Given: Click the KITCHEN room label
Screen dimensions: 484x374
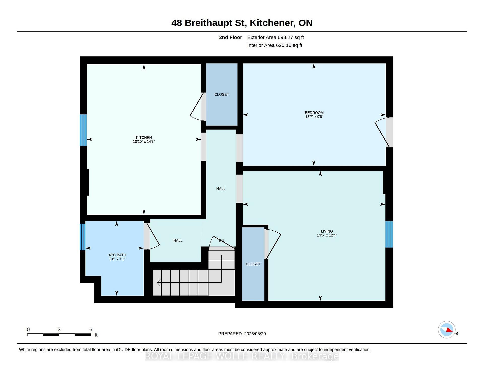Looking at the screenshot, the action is point(144,137).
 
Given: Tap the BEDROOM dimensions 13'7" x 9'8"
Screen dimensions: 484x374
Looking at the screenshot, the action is point(314,117).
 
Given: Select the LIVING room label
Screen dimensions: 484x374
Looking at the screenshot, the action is point(327,231).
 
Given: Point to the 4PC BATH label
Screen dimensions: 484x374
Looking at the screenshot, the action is point(117,255).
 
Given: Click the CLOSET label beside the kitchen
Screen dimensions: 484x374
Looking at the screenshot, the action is point(222,94).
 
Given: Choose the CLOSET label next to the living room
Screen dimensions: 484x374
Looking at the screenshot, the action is point(253,264).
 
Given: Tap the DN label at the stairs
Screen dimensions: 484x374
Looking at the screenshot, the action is point(221,241).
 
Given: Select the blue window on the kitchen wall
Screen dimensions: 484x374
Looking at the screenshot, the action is point(83,130).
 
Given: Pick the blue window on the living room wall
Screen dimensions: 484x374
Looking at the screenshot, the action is point(389,234).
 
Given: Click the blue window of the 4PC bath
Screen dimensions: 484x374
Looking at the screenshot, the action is point(82,237).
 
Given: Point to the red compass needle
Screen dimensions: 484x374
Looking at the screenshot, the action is point(449,330).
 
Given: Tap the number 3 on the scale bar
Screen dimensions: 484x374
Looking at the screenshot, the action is point(59,329).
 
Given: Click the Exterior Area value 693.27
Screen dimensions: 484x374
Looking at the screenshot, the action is point(285,37).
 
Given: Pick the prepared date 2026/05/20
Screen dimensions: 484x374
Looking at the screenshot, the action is point(255,334).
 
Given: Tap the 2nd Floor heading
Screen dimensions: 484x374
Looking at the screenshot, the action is point(230,37).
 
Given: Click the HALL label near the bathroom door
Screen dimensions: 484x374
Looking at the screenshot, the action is point(178,240).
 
